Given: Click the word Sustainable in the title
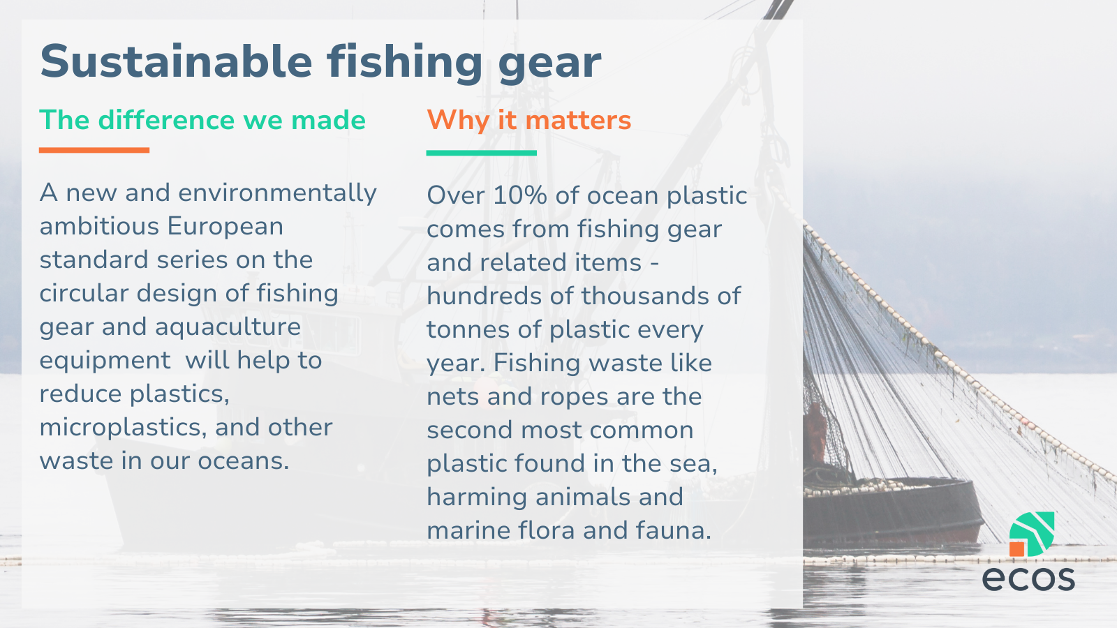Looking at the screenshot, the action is click(176, 61).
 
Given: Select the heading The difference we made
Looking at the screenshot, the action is click(202, 120).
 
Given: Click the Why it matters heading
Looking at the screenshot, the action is click(529, 121).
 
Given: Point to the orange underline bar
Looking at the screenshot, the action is click(94, 150).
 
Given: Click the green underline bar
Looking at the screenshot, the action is click(482, 153).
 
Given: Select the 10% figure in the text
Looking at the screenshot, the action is click(520, 195).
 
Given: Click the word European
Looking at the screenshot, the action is click(225, 227).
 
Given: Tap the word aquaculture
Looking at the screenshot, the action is click(228, 328).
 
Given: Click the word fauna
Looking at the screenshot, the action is click(673, 530).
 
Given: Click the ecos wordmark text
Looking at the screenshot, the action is click(1028, 578).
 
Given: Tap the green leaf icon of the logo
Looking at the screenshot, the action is click(1033, 532).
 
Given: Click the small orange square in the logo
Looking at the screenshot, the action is click(1016, 548).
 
